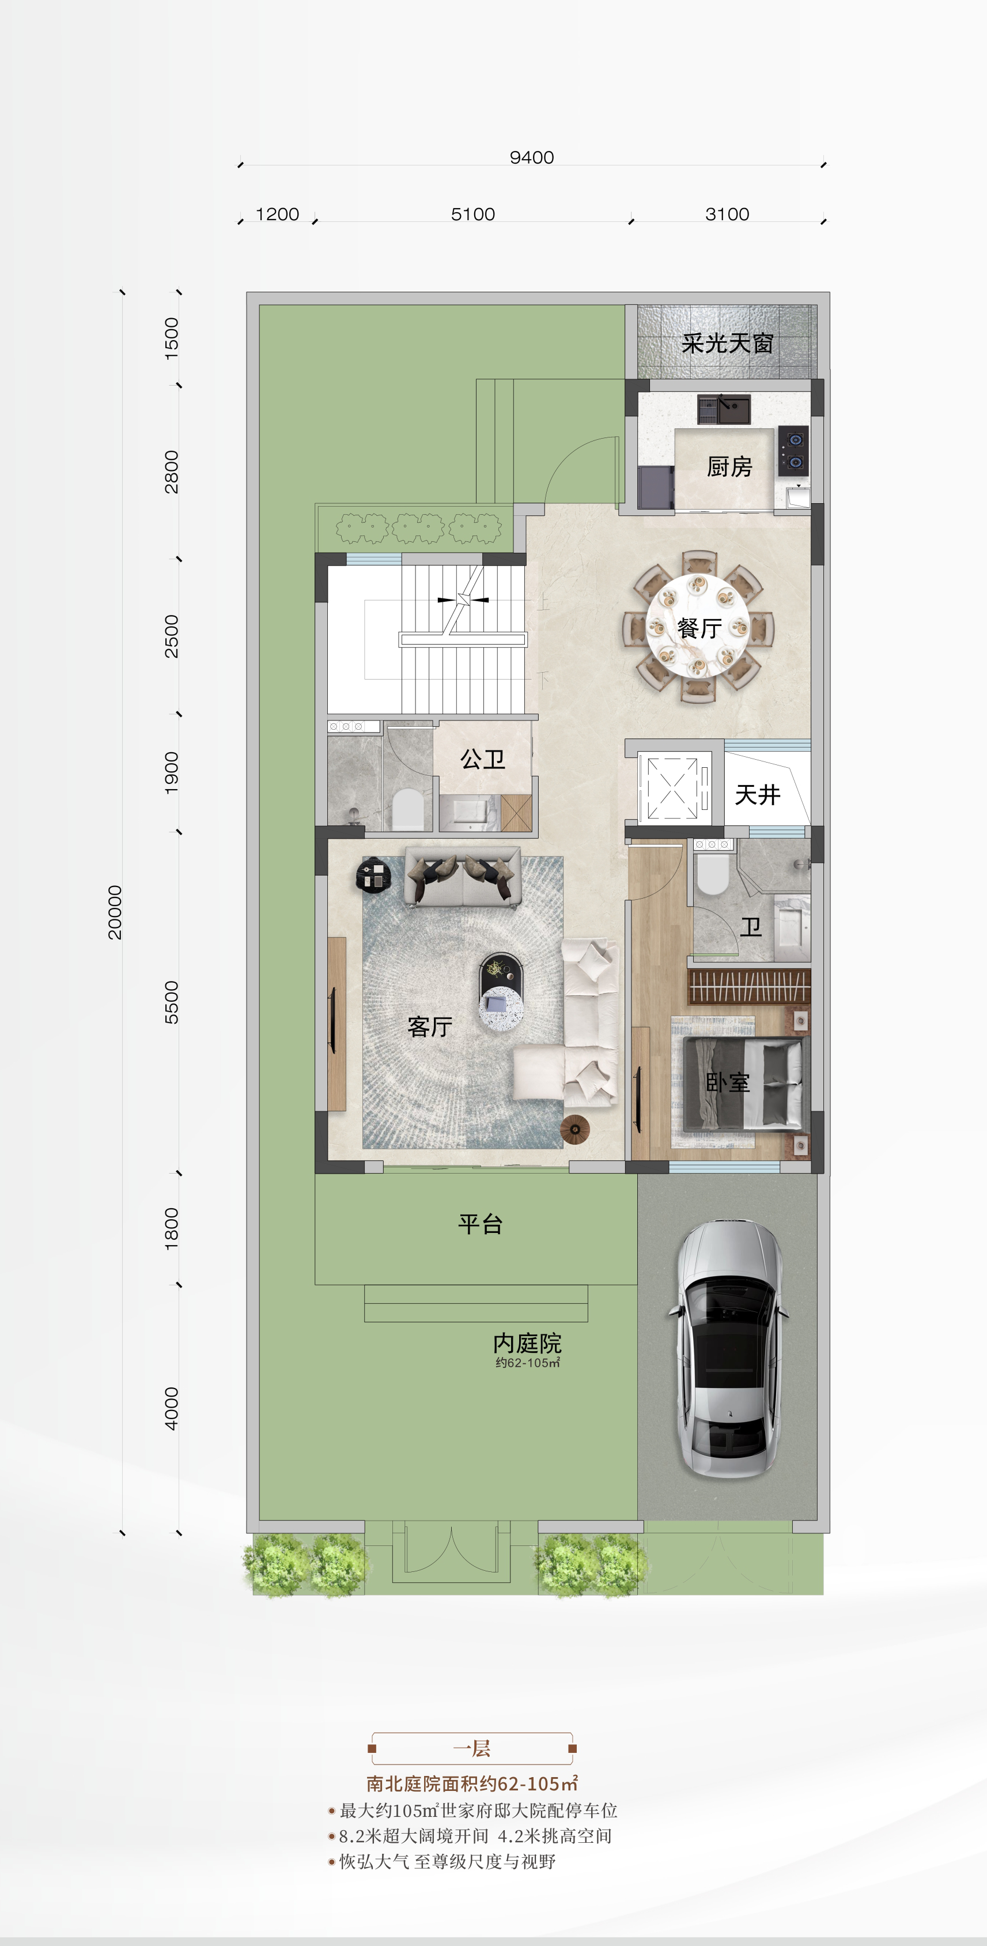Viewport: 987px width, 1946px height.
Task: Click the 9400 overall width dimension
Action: click(532, 157)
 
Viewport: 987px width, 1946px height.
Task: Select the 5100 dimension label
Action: click(472, 214)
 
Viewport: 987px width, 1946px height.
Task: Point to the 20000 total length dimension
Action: click(115, 912)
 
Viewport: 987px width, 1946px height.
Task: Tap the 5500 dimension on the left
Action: click(172, 1002)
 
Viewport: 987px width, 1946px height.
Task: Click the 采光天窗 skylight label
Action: click(727, 344)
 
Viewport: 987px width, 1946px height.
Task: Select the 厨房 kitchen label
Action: click(729, 467)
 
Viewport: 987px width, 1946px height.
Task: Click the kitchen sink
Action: click(724, 409)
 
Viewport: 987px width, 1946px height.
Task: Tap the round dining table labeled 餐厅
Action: click(698, 627)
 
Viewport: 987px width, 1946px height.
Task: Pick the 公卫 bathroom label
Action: click(482, 759)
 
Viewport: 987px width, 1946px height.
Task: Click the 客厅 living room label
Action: click(430, 1026)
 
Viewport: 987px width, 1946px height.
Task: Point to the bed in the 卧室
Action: click(742, 1084)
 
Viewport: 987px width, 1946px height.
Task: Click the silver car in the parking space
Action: click(727, 1348)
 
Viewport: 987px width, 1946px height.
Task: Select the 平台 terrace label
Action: click(481, 1224)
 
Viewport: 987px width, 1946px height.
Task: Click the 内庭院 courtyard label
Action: click(527, 1343)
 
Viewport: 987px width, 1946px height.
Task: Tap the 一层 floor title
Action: click(472, 1748)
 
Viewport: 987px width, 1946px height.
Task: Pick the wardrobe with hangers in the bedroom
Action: click(748, 985)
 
